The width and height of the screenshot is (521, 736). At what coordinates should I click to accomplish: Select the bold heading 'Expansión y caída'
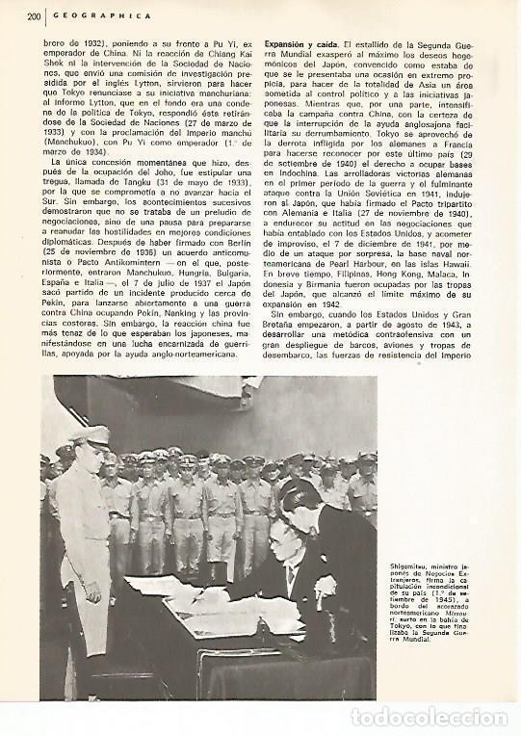point(303,44)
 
